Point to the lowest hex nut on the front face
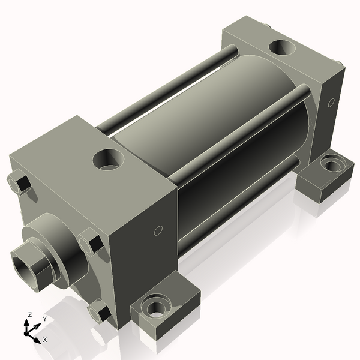[97, 311]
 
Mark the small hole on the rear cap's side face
[330, 102]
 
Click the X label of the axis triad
[44, 340]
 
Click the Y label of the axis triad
[44, 319]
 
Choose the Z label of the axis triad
[30, 314]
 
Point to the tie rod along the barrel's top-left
[168, 90]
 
